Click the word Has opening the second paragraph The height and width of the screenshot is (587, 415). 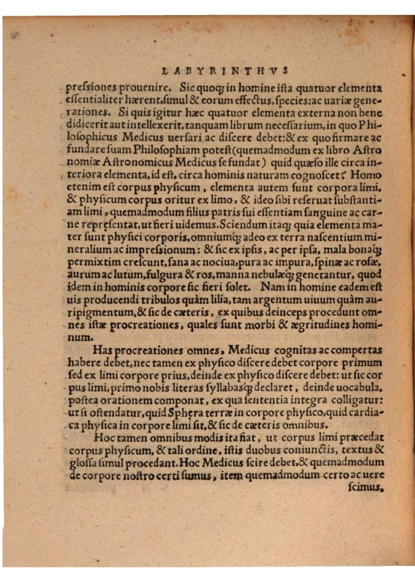(x=103, y=349)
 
